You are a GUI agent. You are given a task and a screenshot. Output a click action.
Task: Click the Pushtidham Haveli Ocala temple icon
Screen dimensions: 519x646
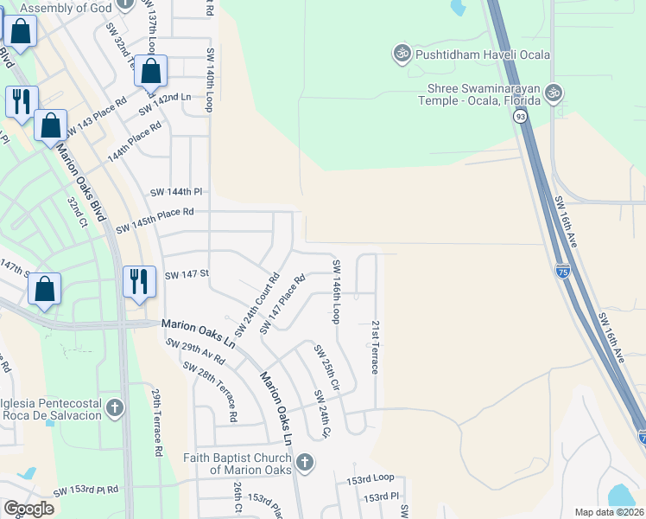[x=401, y=54]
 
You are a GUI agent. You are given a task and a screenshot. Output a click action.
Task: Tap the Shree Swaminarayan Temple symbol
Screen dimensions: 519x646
[x=554, y=91]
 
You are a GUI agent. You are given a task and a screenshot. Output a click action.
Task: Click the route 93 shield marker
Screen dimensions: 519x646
[x=519, y=115]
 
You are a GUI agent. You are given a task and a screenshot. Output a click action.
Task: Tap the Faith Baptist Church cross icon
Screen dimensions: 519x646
[x=304, y=463]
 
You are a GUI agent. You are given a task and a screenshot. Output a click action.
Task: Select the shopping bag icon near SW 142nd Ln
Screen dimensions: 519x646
[x=150, y=72]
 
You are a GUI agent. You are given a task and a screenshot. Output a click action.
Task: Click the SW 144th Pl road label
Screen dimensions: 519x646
[x=175, y=191]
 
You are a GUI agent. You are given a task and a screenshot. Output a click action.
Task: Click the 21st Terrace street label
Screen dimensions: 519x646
[x=376, y=347]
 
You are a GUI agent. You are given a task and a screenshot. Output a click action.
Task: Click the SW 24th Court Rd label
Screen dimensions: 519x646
[x=257, y=306]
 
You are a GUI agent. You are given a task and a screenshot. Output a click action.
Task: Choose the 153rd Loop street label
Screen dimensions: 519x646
[x=370, y=478]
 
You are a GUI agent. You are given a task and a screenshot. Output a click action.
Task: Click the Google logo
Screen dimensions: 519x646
[x=28, y=508]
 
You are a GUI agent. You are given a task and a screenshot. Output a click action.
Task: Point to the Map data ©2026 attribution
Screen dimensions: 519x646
[x=608, y=512]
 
